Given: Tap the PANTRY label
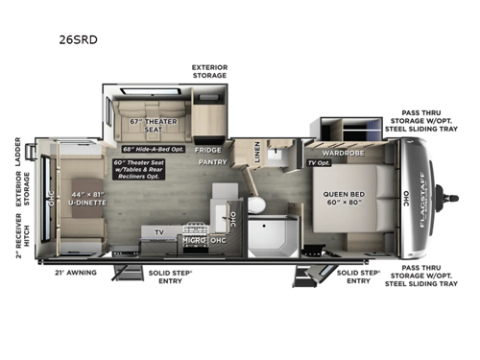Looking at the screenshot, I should tap(212, 163).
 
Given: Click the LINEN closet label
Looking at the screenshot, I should tap(256, 151).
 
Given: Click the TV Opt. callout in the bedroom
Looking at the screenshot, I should tap(318, 163).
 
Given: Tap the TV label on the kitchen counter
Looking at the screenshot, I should tap(159, 232).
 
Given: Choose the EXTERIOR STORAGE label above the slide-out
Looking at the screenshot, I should tap(209, 70).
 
